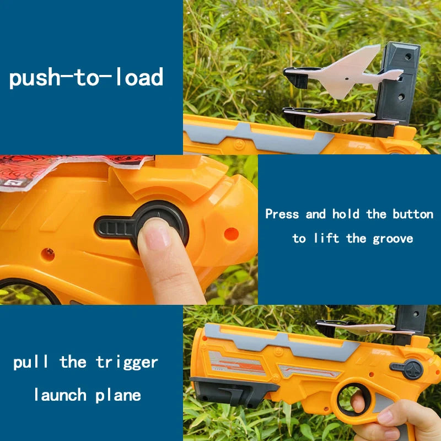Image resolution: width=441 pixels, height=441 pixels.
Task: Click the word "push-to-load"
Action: click(x=86, y=78)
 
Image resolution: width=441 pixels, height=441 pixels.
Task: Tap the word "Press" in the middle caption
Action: click(x=282, y=214)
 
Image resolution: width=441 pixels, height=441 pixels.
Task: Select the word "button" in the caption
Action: click(x=413, y=214)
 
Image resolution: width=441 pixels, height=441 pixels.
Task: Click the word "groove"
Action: click(x=393, y=239)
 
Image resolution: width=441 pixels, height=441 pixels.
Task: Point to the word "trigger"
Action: click(x=127, y=363)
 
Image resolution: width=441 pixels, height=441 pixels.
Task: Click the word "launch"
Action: click(x=60, y=395)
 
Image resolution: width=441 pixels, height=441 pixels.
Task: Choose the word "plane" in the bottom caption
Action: click(x=118, y=395)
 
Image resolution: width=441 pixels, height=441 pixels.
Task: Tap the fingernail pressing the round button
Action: click(x=157, y=234)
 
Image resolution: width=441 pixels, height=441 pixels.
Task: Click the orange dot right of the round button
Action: click(x=231, y=234)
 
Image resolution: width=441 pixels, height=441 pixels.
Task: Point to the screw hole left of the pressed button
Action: click(x=48, y=254)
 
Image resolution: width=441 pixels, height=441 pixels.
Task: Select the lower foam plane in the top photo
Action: click(x=341, y=116)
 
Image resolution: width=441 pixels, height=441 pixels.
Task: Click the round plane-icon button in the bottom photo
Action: click(x=413, y=369)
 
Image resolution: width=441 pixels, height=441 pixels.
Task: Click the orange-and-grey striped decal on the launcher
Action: click(x=237, y=363)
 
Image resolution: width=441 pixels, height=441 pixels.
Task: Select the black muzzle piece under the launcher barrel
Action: click(x=233, y=390)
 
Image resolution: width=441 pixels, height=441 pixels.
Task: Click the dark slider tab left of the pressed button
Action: click(x=115, y=227)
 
